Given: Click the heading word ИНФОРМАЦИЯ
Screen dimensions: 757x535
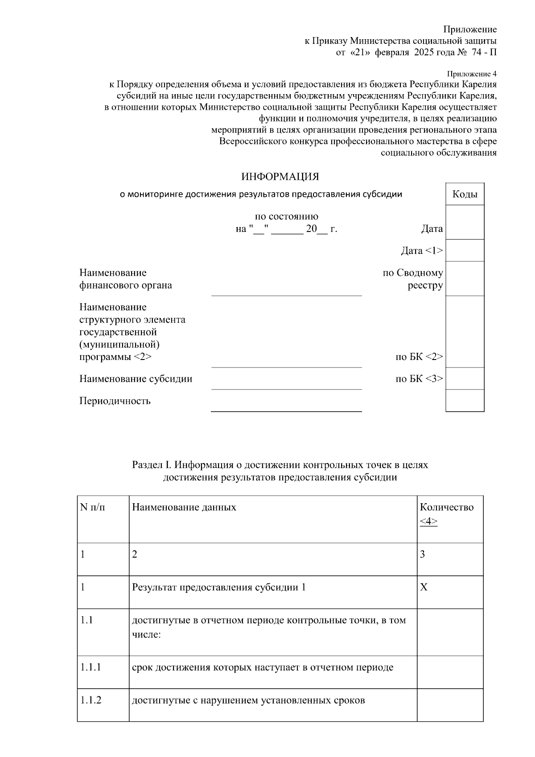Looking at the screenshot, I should click(280, 177).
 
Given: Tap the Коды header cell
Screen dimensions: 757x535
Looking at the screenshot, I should click(465, 194).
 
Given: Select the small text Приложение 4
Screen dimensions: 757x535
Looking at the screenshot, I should click(472, 74).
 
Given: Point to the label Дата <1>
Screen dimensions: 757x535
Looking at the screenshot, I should click(422, 251).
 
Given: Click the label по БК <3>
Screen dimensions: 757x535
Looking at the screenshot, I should click(419, 379).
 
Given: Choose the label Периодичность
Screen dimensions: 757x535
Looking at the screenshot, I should click(115, 401).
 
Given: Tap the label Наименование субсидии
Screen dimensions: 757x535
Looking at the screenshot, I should click(136, 379).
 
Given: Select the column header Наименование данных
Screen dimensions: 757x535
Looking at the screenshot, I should click(184, 507).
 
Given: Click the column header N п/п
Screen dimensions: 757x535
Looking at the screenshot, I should click(93, 507).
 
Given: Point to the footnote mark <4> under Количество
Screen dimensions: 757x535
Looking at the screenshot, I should click(428, 521).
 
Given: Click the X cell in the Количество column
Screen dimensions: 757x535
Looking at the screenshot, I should click(424, 587).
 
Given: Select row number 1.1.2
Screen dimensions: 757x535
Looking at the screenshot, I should click(91, 700).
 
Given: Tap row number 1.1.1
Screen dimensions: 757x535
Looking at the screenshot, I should click(91, 667).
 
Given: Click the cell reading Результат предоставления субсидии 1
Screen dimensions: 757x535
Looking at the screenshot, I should click(219, 587).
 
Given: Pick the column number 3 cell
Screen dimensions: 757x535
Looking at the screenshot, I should click(423, 554).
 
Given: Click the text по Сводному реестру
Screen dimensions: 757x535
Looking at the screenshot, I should click(413, 279).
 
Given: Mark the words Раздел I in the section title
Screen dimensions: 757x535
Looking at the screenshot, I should click(152, 465).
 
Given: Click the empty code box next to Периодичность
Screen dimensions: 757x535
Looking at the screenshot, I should click(465, 400).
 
